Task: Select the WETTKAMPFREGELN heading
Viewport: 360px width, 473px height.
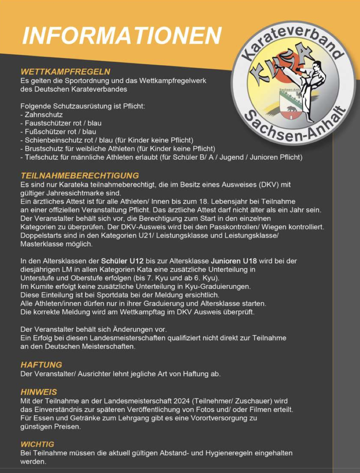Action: pos(65,72)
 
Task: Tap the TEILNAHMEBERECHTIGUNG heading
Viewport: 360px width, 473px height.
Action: pos(80,176)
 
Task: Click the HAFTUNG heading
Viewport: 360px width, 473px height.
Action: pos(41,365)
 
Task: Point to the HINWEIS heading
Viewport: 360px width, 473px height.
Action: pos(39,392)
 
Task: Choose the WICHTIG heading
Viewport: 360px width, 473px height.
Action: pos(37,445)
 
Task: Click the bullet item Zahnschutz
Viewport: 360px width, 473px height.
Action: pos(43,115)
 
